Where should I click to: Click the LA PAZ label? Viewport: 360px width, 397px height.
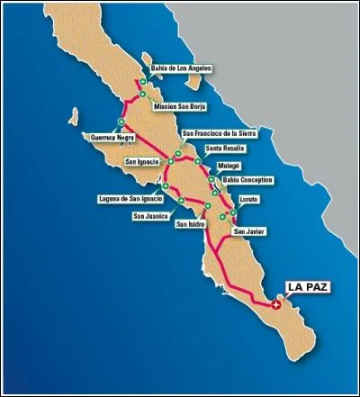305,287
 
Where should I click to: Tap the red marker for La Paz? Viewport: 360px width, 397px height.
276,305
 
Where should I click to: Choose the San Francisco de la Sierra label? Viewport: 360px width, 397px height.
219,133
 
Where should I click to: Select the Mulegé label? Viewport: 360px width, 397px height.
229,167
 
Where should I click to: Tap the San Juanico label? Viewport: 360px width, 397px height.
149,216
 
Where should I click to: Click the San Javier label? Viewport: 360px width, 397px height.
250,231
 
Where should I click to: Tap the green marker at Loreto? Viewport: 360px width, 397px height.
234,212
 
